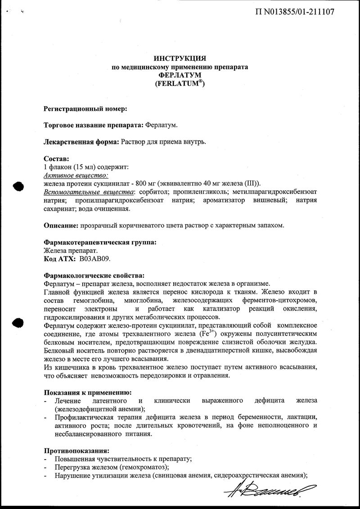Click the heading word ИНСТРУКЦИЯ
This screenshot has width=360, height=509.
(180, 59)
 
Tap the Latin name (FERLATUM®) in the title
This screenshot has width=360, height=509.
(180, 84)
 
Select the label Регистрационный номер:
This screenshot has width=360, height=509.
(85, 108)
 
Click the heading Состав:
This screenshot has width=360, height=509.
(56, 158)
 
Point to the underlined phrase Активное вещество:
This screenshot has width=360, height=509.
(76, 175)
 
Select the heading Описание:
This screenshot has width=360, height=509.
(60, 225)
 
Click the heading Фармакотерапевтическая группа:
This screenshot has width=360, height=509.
(100, 242)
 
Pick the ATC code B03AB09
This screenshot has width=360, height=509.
(94, 259)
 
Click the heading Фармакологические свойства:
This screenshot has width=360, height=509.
(94, 275)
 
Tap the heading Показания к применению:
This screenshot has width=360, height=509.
(87, 392)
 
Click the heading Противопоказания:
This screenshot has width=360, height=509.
(76, 450)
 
